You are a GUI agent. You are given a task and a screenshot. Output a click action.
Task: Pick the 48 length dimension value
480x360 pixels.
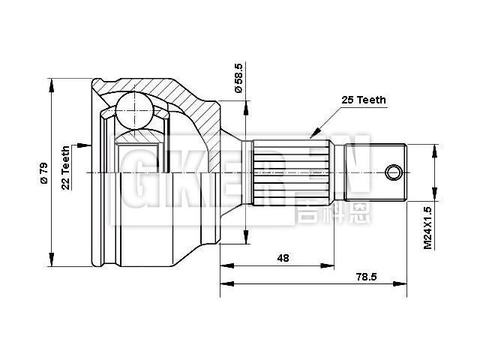[x=283, y=257]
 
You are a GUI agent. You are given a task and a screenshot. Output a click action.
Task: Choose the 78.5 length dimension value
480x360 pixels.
[x=367, y=277]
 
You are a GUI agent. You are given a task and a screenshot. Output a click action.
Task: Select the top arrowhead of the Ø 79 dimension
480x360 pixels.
[x=52, y=82]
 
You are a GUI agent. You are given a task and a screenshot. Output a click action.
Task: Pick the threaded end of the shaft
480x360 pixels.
[x=375, y=173]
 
